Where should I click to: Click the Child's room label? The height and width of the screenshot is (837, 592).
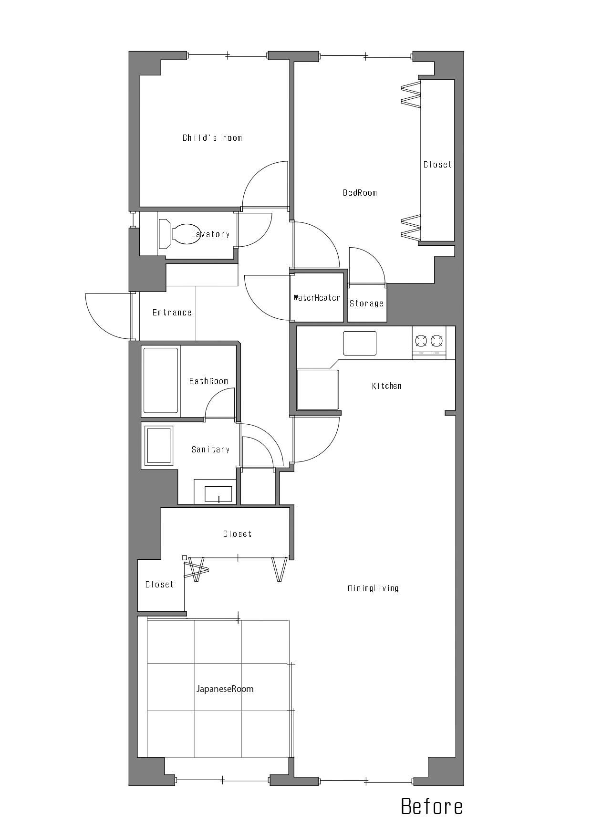pyautogui.click(x=212, y=138)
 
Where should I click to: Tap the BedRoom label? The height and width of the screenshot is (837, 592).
pyautogui.click(x=360, y=193)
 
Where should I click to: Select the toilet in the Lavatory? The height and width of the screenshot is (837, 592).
pyautogui.click(x=180, y=234)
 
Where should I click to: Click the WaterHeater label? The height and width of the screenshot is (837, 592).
pyautogui.click(x=317, y=298)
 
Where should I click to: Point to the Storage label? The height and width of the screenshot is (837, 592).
pyautogui.click(x=366, y=303)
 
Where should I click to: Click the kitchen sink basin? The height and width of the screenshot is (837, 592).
pyautogui.click(x=360, y=343)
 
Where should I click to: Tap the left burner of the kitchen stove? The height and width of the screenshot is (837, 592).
pyautogui.click(x=421, y=341)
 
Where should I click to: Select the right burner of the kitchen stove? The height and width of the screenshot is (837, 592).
pyautogui.click(x=436, y=341)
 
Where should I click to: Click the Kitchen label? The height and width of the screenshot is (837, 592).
pyautogui.click(x=386, y=386)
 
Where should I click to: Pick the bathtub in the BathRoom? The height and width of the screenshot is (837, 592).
pyautogui.click(x=161, y=380)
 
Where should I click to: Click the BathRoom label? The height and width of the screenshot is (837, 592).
pyautogui.click(x=208, y=381)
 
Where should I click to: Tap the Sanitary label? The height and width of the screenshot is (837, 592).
pyautogui.click(x=210, y=450)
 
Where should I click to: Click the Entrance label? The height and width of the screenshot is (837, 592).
pyautogui.click(x=172, y=313)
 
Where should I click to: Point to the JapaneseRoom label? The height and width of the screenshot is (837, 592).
pyautogui.click(x=225, y=689)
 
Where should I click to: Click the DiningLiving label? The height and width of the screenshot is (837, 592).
pyautogui.click(x=373, y=588)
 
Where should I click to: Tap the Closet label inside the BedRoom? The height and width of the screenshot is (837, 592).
pyautogui.click(x=438, y=165)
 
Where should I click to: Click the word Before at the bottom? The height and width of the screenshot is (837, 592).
pyautogui.click(x=432, y=806)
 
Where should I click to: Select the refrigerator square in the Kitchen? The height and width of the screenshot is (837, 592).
pyautogui.click(x=318, y=389)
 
